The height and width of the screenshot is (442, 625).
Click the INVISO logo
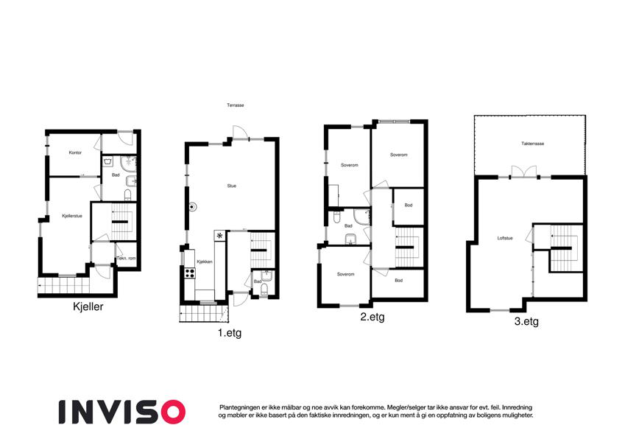pyautogui.click(x=122, y=412)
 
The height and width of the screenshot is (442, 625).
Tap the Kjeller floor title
pyautogui.click(x=88, y=306)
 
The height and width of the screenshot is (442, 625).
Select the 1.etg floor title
pyautogui.click(x=230, y=332)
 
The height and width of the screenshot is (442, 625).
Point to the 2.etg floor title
pyautogui.click(x=372, y=317)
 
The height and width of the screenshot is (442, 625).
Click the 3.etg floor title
pyautogui.click(x=526, y=321)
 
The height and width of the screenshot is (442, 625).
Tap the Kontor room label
pyautogui.click(x=75, y=152)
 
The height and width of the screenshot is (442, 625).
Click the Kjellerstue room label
pyautogui.click(x=72, y=216)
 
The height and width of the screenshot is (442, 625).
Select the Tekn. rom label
pyautogui.click(x=126, y=259)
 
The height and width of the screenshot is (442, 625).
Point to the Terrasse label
pyautogui.click(x=236, y=105)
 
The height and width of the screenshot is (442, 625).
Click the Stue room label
pyautogui.click(x=232, y=186)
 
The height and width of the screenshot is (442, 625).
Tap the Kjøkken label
pyautogui.click(x=205, y=262)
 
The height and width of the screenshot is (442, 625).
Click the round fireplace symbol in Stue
pyautogui.click(x=193, y=207)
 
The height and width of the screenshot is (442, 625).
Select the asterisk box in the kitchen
pyautogui.click(x=219, y=235)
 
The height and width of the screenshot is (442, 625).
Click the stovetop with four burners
pyautogui.click(x=190, y=273)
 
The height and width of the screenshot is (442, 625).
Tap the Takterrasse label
pyautogui.click(x=533, y=144)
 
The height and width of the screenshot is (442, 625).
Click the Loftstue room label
pyautogui.click(x=505, y=238)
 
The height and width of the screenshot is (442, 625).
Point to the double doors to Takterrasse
pyautogui.click(x=523, y=172)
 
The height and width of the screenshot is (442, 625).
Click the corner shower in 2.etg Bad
pyautogui.click(x=361, y=217)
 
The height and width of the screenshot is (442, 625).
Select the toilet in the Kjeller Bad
pyautogui.click(x=128, y=195)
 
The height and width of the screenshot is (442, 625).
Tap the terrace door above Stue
pyautogui.click(x=241, y=133)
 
